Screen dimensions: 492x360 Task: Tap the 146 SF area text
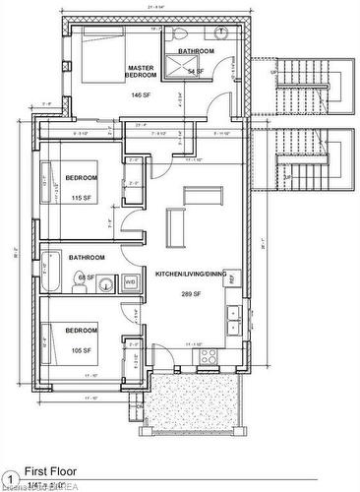point(140,96)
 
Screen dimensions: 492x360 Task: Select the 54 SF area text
point(196,72)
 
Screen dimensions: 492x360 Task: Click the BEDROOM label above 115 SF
point(82,177)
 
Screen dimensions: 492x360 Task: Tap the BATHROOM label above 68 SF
point(87,257)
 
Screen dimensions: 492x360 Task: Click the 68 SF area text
point(86,278)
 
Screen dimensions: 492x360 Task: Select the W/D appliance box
point(130,282)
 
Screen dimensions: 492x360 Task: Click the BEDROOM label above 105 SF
point(81,332)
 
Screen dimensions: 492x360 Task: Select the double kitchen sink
point(234,318)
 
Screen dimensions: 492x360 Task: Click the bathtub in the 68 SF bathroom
point(52,273)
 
